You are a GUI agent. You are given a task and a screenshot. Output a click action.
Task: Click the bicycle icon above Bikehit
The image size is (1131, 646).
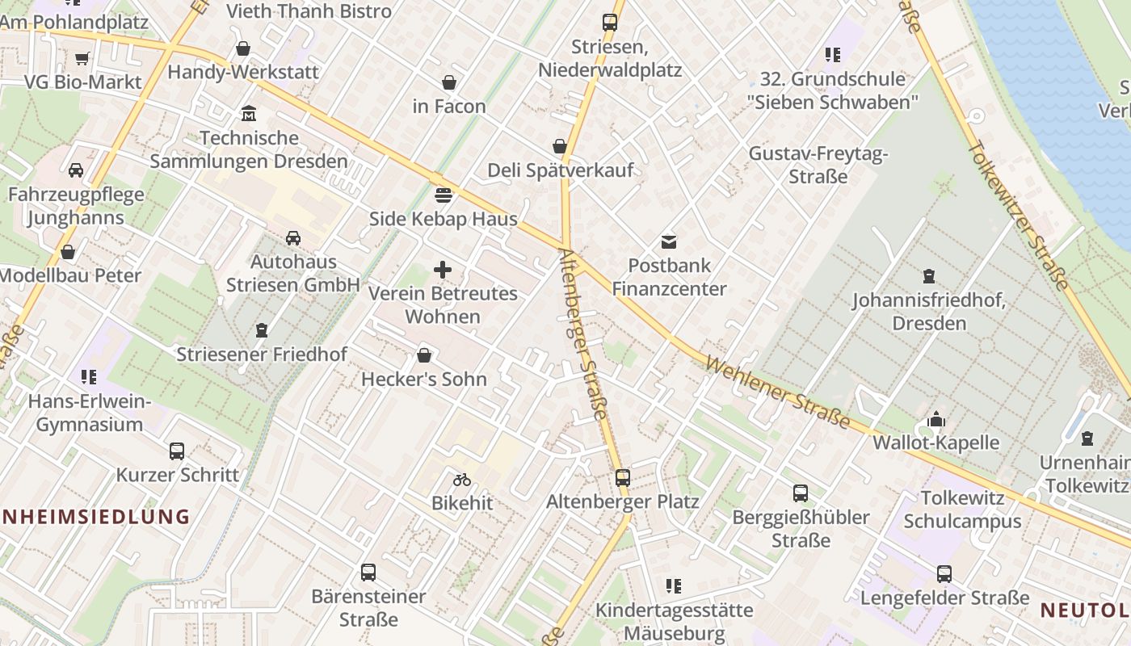(x=461, y=480)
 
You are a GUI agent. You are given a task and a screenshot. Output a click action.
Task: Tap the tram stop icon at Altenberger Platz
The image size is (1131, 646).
(x=622, y=477)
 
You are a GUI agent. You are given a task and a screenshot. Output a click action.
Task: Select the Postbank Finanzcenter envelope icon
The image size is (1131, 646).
(x=669, y=241)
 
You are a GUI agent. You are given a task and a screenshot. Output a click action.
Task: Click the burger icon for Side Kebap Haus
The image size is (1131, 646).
(x=444, y=195)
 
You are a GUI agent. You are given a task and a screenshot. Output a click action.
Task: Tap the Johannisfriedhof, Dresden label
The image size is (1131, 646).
(x=929, y=312)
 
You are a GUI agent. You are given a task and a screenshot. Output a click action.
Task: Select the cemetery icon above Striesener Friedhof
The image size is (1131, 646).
(x=262, y=330)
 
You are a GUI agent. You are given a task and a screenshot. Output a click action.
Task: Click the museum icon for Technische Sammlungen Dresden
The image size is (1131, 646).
(x=249, y=114)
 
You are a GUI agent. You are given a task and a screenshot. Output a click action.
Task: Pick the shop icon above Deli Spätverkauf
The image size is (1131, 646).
(x=559, y=146)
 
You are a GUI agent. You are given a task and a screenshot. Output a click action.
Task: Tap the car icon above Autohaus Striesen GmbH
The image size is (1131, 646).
(x=292, y=238)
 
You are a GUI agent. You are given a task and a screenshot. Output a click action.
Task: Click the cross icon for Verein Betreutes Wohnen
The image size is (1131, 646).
(x=443, y=270)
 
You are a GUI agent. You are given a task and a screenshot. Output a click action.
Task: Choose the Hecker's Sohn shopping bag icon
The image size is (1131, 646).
(x=424, y=355)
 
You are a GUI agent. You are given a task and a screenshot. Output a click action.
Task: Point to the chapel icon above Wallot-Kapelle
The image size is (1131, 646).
(x=936, y=419)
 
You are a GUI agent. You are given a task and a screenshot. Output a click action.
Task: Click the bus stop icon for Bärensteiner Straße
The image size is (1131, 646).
(x=368, y=573)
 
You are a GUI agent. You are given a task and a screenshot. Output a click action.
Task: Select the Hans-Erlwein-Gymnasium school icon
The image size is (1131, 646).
(x=88, y=377)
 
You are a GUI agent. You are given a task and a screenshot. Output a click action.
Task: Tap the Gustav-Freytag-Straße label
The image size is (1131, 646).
(x=818, y=165)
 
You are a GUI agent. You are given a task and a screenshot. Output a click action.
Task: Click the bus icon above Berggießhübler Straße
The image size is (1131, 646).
(x=801, y=493)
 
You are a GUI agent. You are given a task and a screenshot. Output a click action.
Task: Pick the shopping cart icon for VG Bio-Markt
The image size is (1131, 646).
(x=82, y=58)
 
